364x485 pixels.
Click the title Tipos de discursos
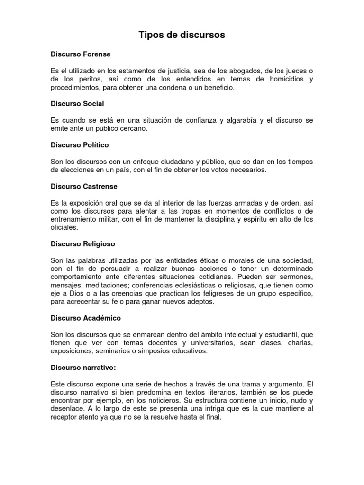click(x=182, y=35)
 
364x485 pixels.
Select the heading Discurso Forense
click(x=80, y=54)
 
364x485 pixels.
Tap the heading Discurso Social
click(x=77, y=103)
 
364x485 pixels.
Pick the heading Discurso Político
click(x=80, y=144)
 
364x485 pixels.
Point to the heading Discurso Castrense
click(x=84, y=186)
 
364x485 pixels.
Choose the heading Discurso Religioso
click(x=82, y=244)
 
